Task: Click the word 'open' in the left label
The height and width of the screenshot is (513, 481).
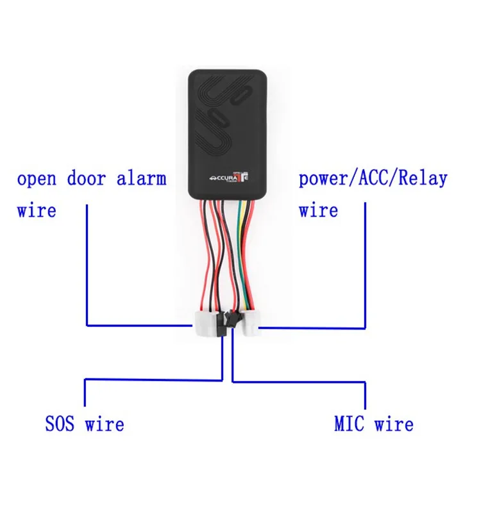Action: coord(37,179)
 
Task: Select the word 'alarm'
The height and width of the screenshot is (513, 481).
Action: coord(141,178)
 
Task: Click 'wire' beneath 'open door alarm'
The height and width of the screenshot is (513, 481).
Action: coord(37,210)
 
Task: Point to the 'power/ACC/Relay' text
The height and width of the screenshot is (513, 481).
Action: coord(373,179)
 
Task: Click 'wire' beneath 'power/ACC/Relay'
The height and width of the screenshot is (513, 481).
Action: coord(318,210)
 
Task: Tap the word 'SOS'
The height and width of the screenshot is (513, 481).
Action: coord(61,423)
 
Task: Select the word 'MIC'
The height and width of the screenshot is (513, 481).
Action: coord(350,423)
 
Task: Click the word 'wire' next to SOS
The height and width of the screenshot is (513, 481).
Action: coord(105,423)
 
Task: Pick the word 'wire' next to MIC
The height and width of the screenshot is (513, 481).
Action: coord(394,423)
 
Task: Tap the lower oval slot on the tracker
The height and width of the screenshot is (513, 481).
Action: coord(218,118)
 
